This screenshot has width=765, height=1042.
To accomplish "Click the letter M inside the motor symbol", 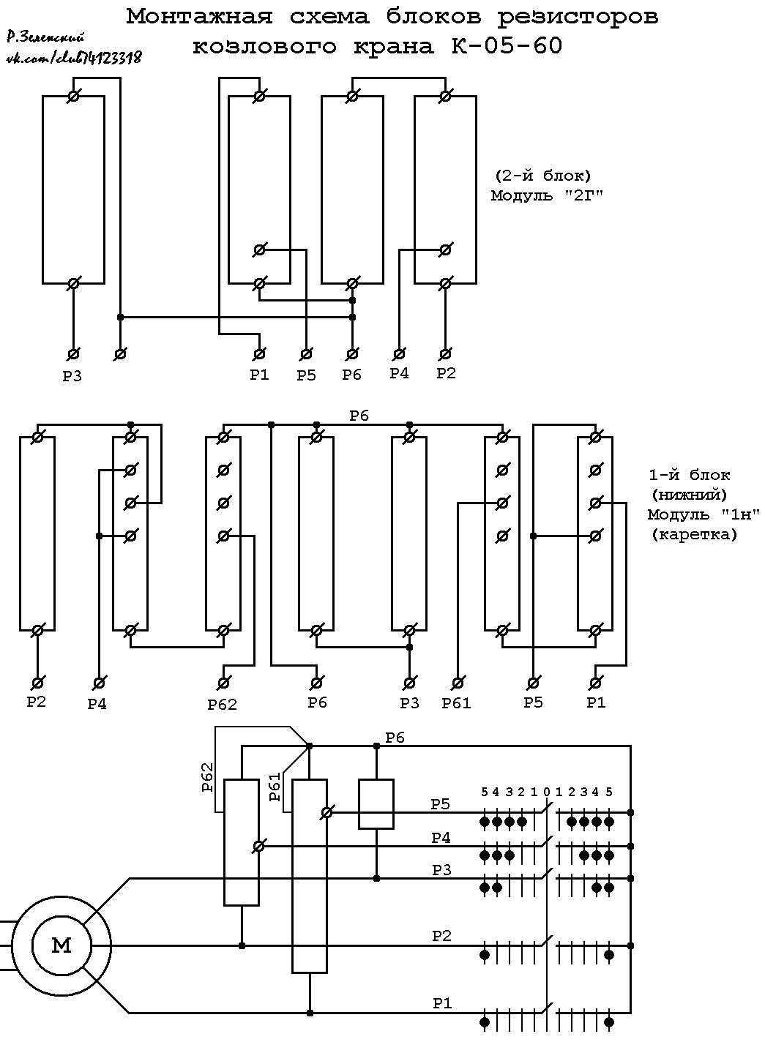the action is tap(61, 945).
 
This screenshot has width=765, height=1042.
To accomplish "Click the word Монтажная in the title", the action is tap(200, 17).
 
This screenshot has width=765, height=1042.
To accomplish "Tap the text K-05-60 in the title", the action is tap(507, 45).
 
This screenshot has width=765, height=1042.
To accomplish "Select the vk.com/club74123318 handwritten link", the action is tap(73, 57).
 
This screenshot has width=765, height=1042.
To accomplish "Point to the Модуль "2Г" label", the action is tap(548, 195).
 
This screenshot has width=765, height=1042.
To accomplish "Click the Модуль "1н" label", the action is tap(704, 514).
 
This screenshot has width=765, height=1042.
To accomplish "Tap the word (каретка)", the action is tap(694, 534).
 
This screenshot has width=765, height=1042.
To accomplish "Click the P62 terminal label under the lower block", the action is tap(223, 705).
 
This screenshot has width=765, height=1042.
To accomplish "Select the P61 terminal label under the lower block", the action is tap(457, 703).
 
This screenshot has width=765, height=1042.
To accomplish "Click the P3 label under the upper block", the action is tap(72, 375).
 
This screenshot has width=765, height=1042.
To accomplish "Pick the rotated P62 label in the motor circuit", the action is tap(207, 777).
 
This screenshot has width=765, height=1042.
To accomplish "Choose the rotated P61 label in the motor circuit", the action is tap(275, 787).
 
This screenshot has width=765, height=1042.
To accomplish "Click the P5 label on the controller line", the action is tap(440, 804).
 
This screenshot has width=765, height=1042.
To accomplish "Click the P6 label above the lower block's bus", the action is tap(359, 416).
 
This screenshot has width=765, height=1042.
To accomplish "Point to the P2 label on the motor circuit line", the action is tap(441, 934).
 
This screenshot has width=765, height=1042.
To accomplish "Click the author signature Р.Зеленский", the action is tap(45, 37).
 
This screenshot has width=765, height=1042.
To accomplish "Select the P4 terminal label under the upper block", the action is tap(399, 373).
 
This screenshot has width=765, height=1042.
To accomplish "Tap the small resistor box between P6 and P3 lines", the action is tap(376, 804).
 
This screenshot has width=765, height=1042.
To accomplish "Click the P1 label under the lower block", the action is tap(596, 702).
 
